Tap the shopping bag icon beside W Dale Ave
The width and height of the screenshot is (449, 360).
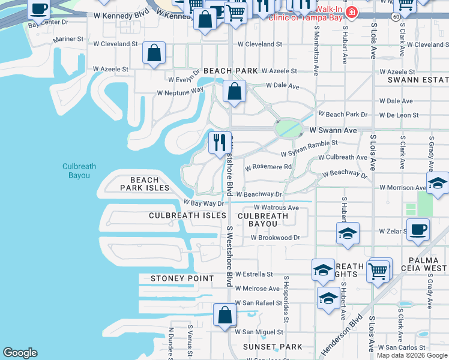pyautogui.click(x=234, y=92)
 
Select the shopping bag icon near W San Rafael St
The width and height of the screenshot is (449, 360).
pyautogui.click(x=224, y=314)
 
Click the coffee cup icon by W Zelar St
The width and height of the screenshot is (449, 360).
pyautogui.click(x=418, y=229)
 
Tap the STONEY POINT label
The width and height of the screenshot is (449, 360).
pyautogui.click(x=182, y=278)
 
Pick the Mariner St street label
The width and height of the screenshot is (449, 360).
pyautogui.click(x=68, y=39)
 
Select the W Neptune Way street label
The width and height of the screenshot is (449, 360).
pyautogui.click(x=180, y=92)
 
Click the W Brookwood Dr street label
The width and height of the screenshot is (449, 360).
pyautogui.click(x=275, y=238)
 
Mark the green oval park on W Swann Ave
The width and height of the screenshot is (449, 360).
pyautogui.click(x=288, y=128)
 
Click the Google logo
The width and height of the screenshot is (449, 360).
pyautogui.click(x=20, y=353)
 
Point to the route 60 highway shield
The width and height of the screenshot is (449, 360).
pyautogui.click(x=397, y=17)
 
